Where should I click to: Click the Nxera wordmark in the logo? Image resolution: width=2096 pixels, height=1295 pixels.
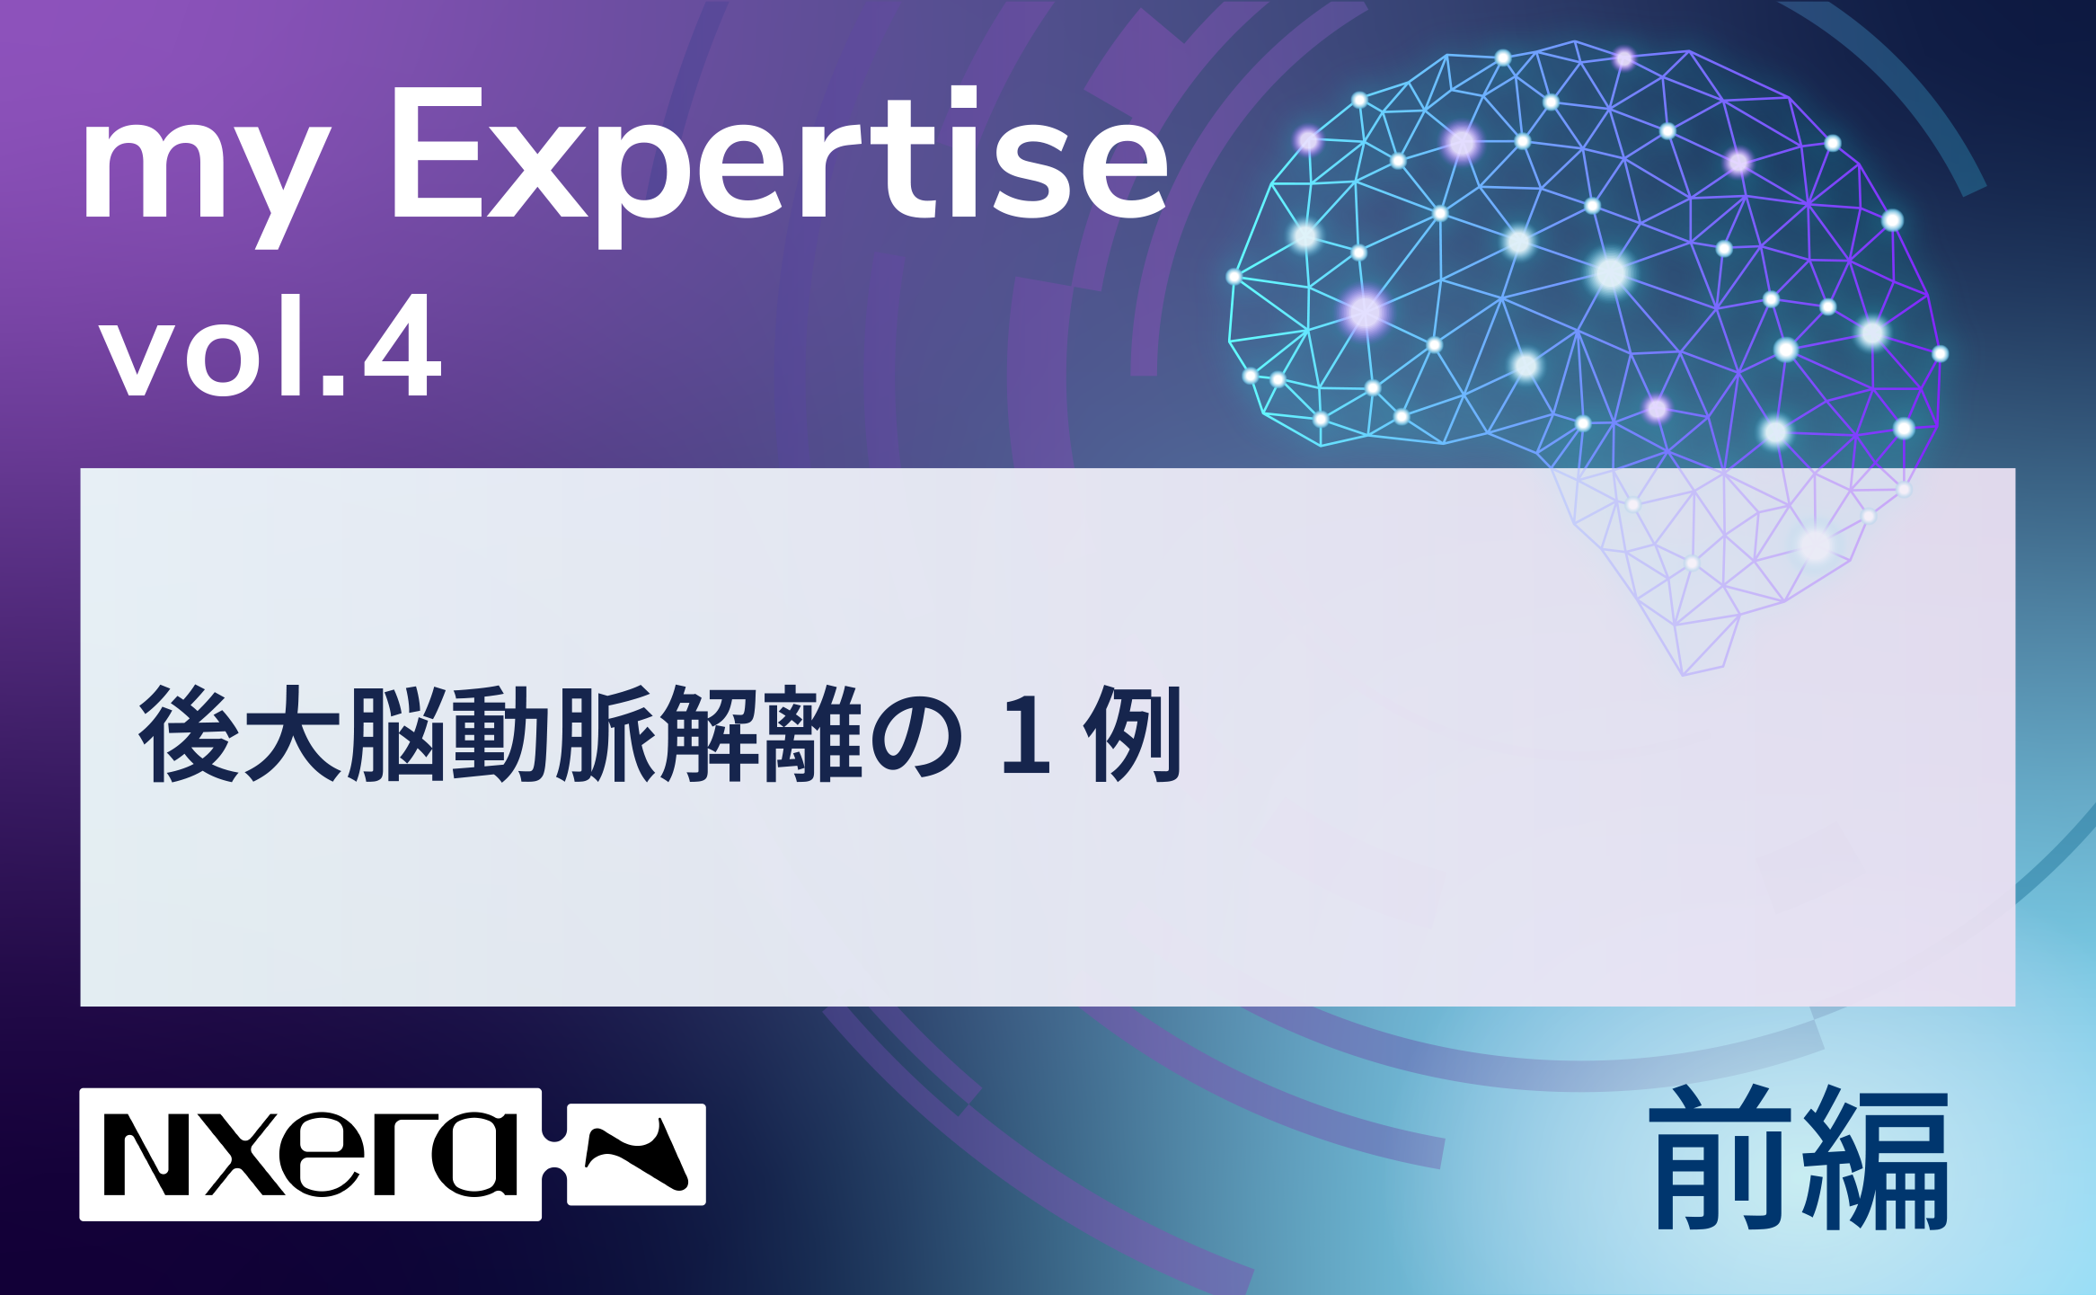[x=311, y=1155]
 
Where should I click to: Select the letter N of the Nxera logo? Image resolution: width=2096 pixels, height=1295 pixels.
[x=146, y=1155]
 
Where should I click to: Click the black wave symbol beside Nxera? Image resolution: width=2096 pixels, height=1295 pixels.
[x=637, y=1154]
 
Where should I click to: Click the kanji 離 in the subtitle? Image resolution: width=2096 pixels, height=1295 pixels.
[x=813, y=733]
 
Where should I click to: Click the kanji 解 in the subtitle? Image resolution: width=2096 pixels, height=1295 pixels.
[x=710, y=733]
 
